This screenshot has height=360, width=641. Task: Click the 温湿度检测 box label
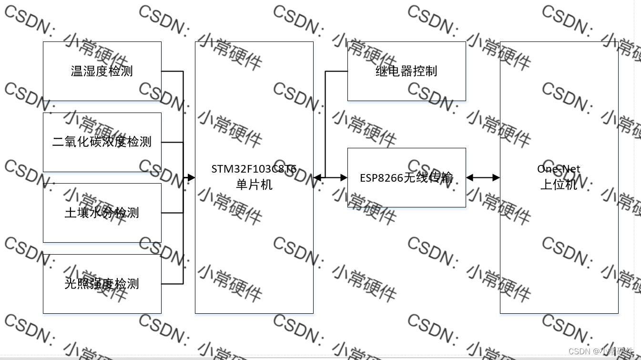pyautogui.click(x=102, y=72)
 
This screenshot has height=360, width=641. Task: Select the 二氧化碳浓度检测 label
pyautogui.click(x=102, y=142)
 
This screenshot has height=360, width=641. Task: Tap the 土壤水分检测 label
pyautogui.click(x=102, y=213)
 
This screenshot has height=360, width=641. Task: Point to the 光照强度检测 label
pyautogui.click(x=102, y=284)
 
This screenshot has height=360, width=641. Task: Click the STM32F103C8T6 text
pyautogui.click(x=254, y=169)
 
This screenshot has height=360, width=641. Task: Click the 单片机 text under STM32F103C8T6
pyautogui.click(x=254, y=185)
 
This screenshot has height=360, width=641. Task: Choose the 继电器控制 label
pyautogui.click(x=406, y=72)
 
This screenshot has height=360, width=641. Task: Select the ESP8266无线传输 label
pyautogui.click(x=406, y=178)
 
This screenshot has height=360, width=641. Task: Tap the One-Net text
pyautogui.click(x=559, y=169)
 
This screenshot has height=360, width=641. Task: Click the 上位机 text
pyautogui.click(x=559, y=185)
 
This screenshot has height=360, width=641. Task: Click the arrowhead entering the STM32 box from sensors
pyautogui.click(x=191, y=178)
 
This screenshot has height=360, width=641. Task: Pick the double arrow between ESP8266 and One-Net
pyautogui.click(x=483, y=178)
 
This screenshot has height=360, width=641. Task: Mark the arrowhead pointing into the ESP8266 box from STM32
pyautogui.click(x=344, y=178)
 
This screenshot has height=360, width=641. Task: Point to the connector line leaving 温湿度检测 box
pyautogui.click(x=172, y=72)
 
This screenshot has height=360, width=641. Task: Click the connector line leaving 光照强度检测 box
pyautogui.click(x=172, y=284)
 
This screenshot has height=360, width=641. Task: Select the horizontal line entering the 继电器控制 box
pyautogui.click(x=336, y=72)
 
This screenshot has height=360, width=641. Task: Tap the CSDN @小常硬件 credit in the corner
pyautogui.click(x=601, y=351)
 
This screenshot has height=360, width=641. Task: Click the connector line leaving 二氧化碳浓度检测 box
pyautogui.click(x=172, y=142)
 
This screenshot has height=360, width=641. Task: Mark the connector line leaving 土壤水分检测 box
pyautogui.click(x=172, y=213)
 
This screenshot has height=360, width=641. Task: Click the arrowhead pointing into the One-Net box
pyautogui.click(x=496, y=178)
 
